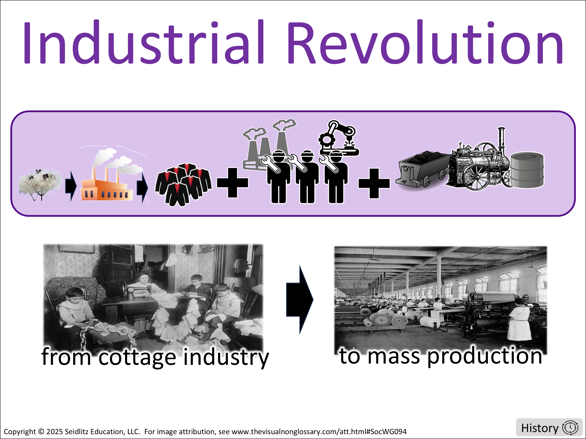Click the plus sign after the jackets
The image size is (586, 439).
[232, 183]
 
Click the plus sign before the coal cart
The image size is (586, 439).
[374, 183]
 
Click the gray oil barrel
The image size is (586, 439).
[527, 170]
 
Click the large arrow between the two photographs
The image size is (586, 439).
[300, 299]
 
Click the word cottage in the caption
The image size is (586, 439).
[137, 357]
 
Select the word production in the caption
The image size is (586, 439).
[485, 356]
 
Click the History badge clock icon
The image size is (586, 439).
[570, 428]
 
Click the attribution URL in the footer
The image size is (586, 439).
[319, 432]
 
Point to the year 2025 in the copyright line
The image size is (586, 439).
[54, 432]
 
